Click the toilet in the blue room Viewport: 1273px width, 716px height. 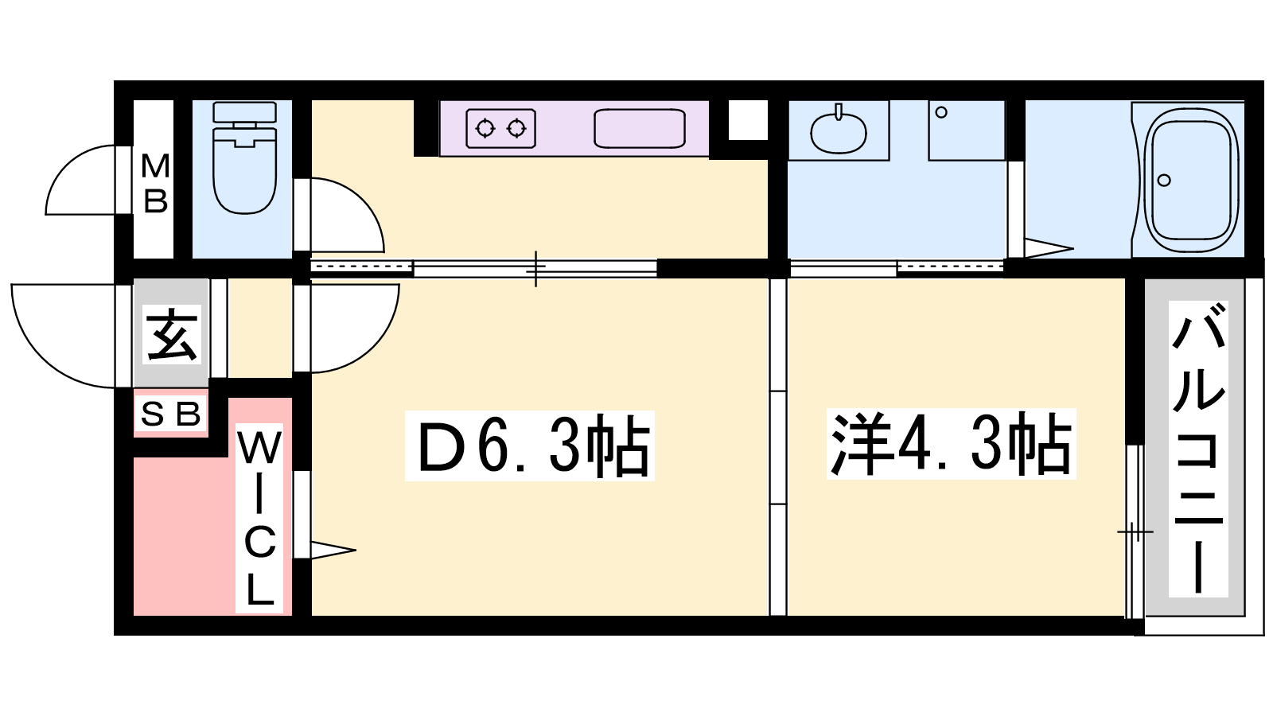click(244, 158)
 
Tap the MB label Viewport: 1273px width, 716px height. click(154, 184)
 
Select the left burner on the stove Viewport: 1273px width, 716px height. click(485, 128)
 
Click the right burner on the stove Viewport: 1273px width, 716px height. click(516, 128)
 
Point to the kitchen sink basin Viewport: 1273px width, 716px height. click(640, 128)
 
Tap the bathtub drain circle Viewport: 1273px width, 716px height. click(1164, 181)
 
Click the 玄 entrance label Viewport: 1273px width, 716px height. click(172, 334)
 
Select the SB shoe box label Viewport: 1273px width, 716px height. click(170, 414)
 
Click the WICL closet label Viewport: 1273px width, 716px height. click(259, 517)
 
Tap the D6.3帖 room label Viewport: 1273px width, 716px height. click(530, 446)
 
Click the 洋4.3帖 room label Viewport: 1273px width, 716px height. click(951, 444)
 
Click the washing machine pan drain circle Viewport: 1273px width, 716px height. click(941, 112)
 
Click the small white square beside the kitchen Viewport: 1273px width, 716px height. click(747, 120)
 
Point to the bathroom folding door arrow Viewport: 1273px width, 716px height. click(1049, 248)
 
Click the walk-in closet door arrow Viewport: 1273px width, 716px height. click(333, 550)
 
